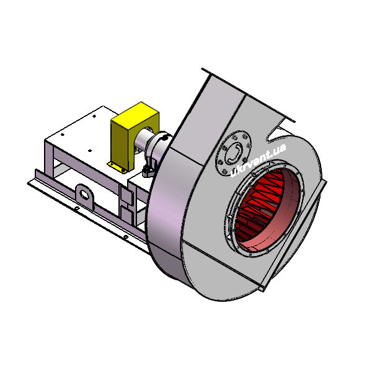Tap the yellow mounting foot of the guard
point(117,167)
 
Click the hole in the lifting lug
point(84,194)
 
